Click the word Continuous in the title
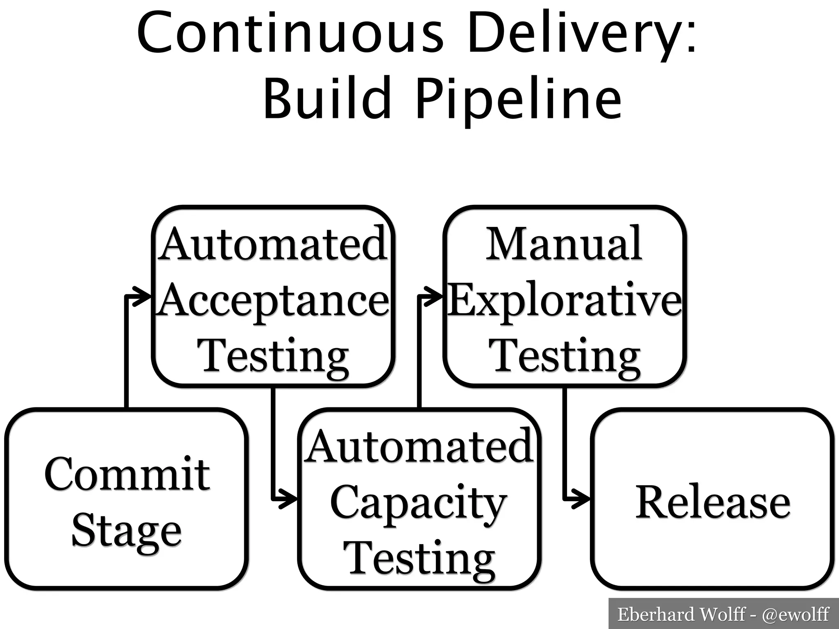click(290, 33)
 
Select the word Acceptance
click(274, 301)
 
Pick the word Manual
click(564, 244)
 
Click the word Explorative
click(565, 301)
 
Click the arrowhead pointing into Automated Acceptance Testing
click(144, 296)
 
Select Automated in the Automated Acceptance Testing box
click(273, 244)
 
